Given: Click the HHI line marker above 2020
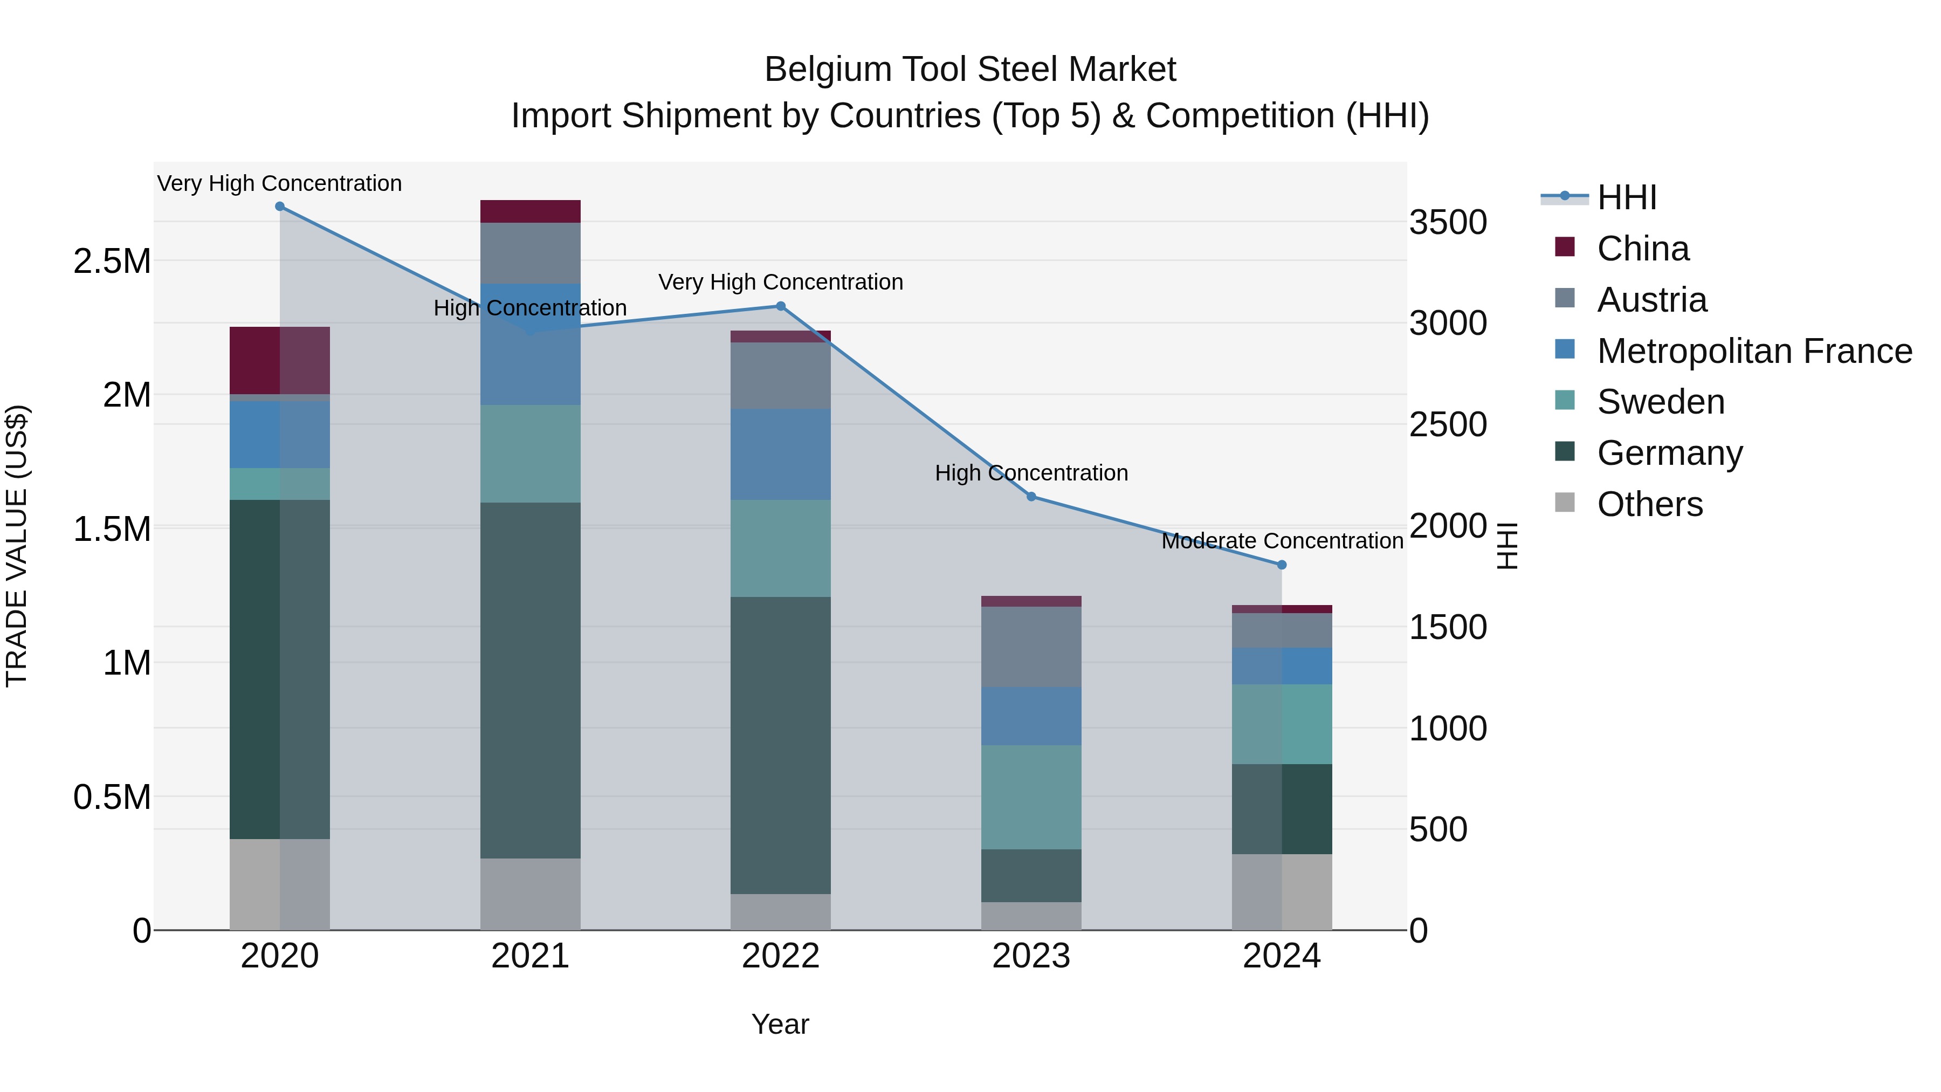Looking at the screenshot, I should click(279, 207).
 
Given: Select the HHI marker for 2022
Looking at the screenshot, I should click(781, 306).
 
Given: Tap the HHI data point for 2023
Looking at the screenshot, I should click(1031, 497).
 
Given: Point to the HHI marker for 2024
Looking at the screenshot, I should click(1282, 565).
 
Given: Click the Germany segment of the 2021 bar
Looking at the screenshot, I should click(531, 680).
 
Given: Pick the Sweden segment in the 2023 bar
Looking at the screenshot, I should click(1031, 798).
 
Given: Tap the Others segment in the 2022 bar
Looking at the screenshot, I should click(781, 912).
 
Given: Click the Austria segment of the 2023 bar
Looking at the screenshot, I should click(1031, 647).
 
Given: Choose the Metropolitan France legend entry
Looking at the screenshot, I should click(1754, 351).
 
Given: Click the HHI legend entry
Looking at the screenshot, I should click(1626, 197).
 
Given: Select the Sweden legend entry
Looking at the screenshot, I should click(1660, 402).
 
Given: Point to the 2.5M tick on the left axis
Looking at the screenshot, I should click(112, 262).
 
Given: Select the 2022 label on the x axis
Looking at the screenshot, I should click(781, 956).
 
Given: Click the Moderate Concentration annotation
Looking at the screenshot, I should click(1282, 541).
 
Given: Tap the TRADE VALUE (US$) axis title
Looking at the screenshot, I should click(17, 546).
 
